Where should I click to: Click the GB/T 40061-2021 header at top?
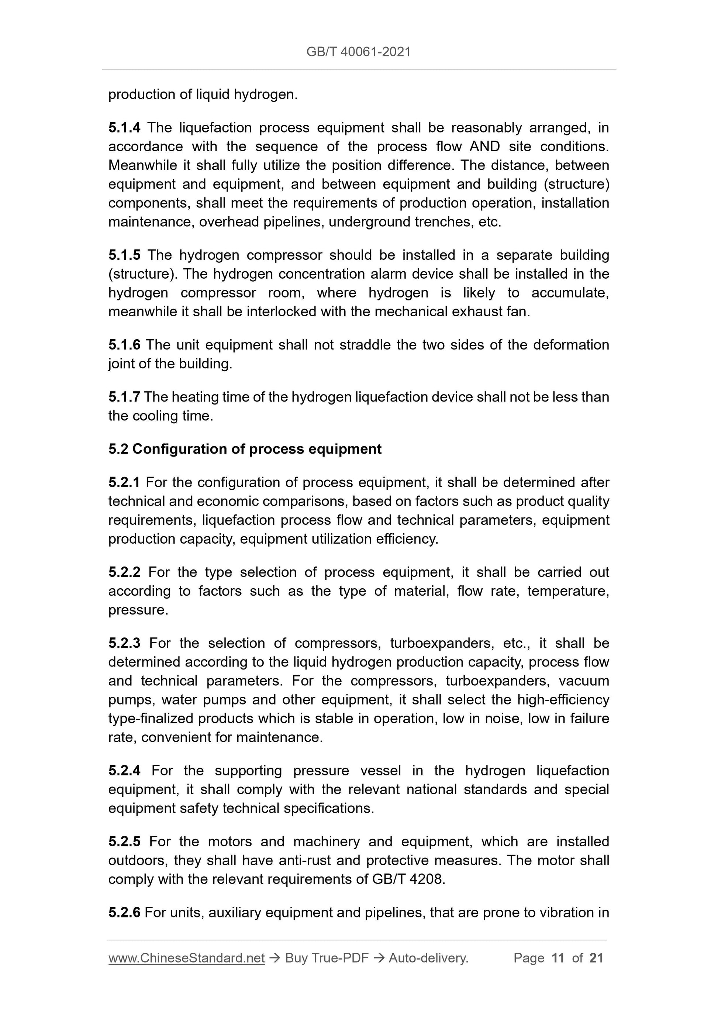tap(358, 52)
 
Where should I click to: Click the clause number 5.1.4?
tap(124, 128)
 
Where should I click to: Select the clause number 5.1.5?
tap(124, 255)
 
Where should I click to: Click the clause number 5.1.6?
tap(124, 345)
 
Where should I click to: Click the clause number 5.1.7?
tap(124, 397)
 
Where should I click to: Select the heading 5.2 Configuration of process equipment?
tap(245, 449)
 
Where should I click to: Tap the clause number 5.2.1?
tap(124, 482)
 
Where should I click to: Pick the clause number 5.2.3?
tap(124, 643)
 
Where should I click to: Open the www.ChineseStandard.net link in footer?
tap(186, 958)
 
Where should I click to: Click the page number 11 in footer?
tap(558, 958)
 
